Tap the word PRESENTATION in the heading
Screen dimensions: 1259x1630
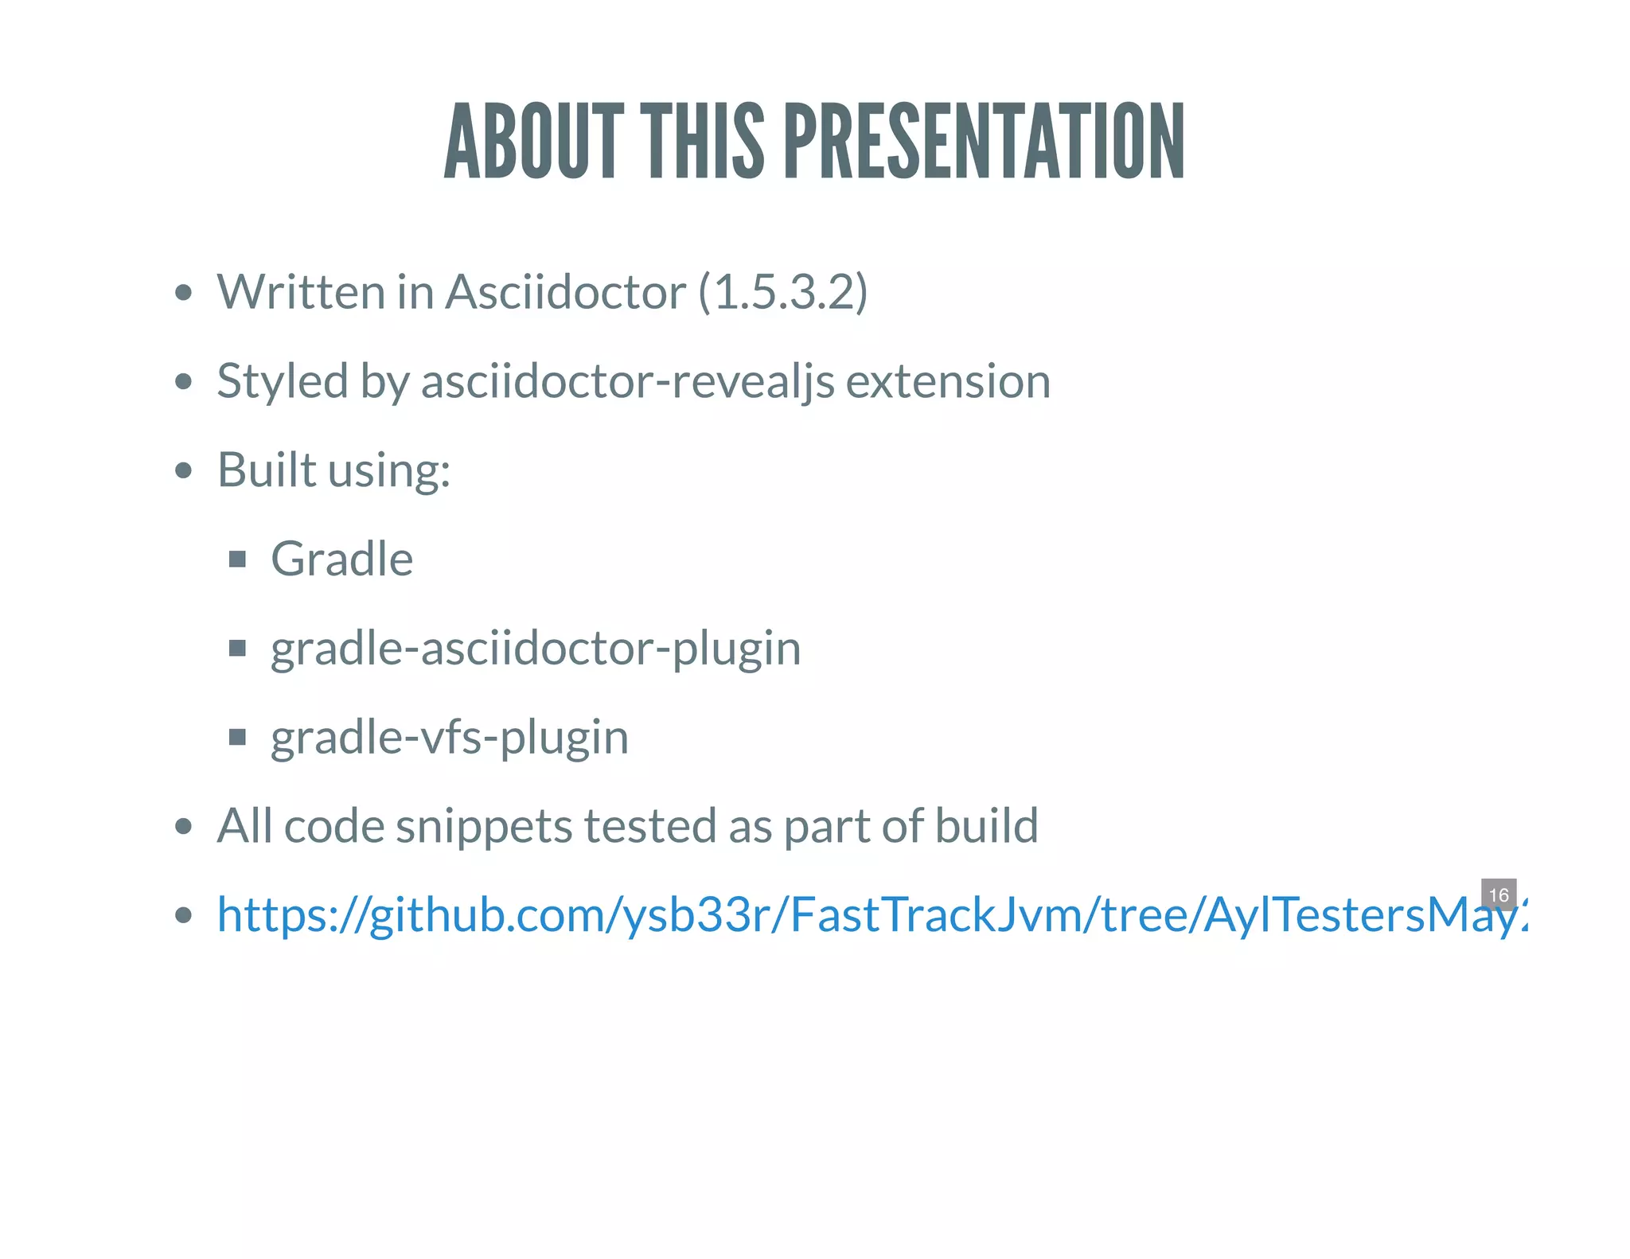(985, 142)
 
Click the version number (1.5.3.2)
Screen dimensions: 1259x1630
(783, 291)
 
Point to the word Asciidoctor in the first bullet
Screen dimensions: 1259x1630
(565, 291)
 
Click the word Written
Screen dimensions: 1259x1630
(301, 291)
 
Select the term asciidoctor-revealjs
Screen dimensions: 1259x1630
(627, 381)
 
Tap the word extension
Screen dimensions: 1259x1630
(948, 381)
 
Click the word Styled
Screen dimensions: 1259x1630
(283, 381)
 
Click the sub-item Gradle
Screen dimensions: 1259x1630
(342, 559)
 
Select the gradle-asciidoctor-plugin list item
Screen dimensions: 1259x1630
(536, 649)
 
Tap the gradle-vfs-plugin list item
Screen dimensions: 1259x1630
(450, 738)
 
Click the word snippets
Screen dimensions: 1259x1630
(484, 826)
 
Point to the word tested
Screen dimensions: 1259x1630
(651, 826)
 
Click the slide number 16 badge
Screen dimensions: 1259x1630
(1499, 895)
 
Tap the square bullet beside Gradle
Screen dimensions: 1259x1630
(237, 559)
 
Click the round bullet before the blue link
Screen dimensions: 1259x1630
(184, 916)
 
